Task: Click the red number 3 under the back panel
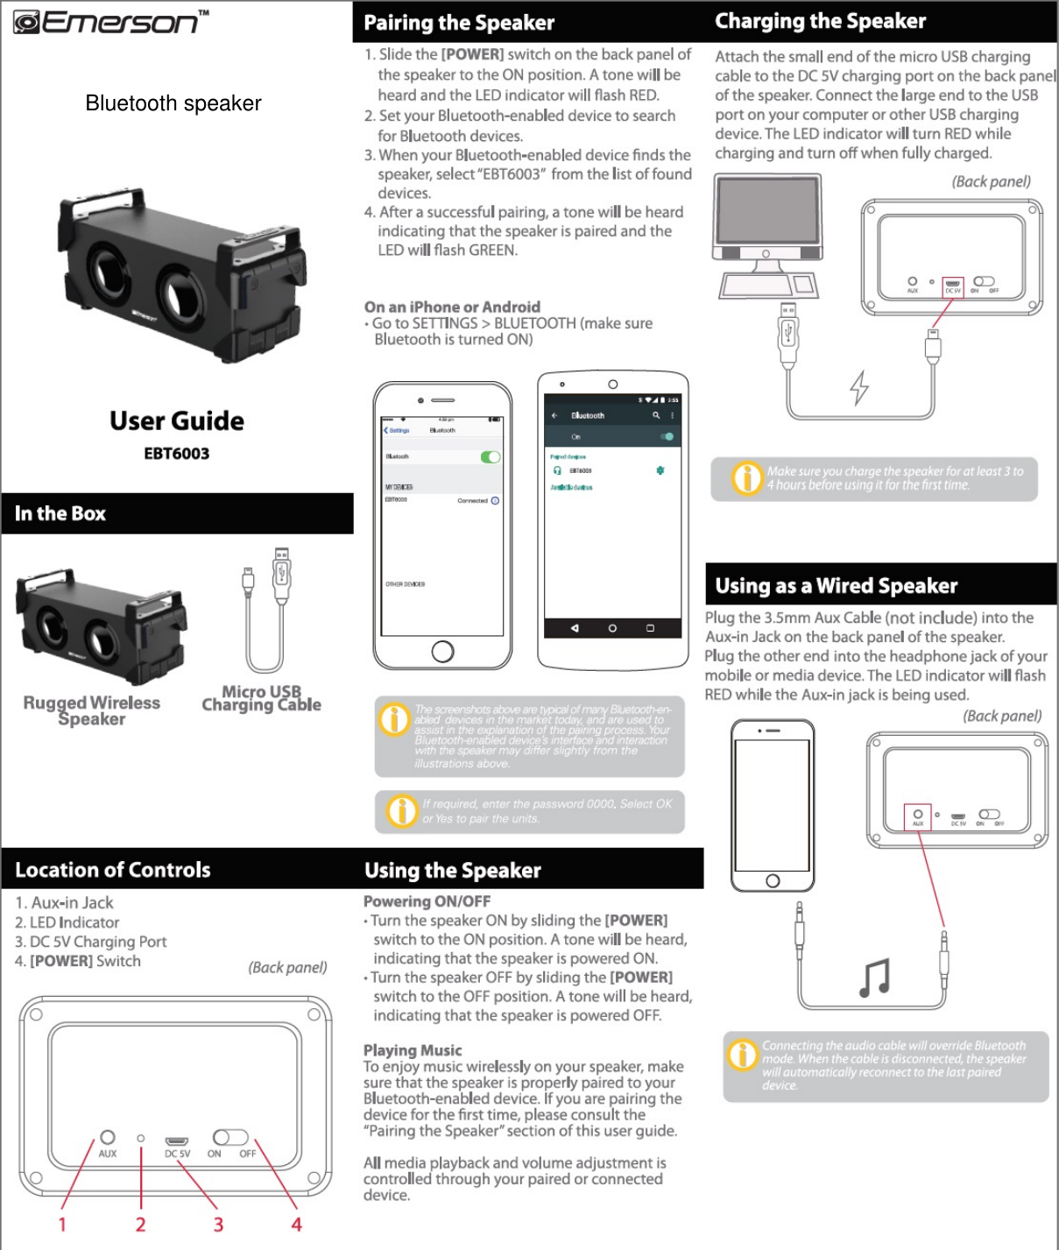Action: coord(218,1224)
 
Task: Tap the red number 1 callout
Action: coord(62,1224)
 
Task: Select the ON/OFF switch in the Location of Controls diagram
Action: coord(230,1137)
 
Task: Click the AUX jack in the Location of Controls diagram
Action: coord(107,1137)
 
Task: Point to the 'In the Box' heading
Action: coord(60,514)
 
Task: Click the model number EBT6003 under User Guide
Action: coord(177,454)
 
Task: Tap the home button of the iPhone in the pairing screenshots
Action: coord(442,651)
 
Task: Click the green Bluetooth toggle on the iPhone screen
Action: coord(491,456)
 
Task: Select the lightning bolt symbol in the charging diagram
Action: coord(860,387)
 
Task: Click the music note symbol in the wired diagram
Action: coord(874,978)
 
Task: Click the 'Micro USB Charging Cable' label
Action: coord(261,698)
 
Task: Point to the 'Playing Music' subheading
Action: coord(413,1050)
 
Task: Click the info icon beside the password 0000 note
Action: coord(402,810)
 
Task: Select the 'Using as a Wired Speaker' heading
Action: coord(836,586)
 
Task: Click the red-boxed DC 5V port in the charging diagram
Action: coord(952,286)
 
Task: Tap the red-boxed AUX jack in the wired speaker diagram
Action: coord(918,816)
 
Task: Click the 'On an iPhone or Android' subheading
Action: coord(452,307)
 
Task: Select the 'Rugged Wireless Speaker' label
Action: coord(92,710)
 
